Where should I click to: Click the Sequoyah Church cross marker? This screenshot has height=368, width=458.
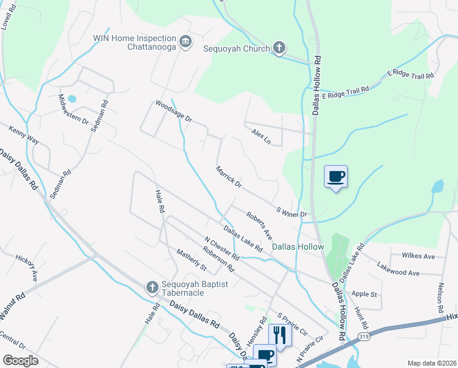coord(279,47)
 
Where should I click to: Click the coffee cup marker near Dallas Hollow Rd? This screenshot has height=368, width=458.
coord(336,177)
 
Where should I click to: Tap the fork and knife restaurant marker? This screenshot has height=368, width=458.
coord(280,335)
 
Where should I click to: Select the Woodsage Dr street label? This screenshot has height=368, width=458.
coord(174,112)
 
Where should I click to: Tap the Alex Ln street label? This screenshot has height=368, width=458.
coord(261,136)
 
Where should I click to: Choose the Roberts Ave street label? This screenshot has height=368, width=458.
coord(259,225)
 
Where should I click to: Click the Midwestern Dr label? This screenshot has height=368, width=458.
coord(73,109)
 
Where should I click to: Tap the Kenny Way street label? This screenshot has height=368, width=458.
coord(23,136)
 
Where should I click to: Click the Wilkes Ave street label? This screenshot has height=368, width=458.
coord(418,255)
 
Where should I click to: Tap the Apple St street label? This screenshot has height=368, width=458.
coord(364,294)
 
